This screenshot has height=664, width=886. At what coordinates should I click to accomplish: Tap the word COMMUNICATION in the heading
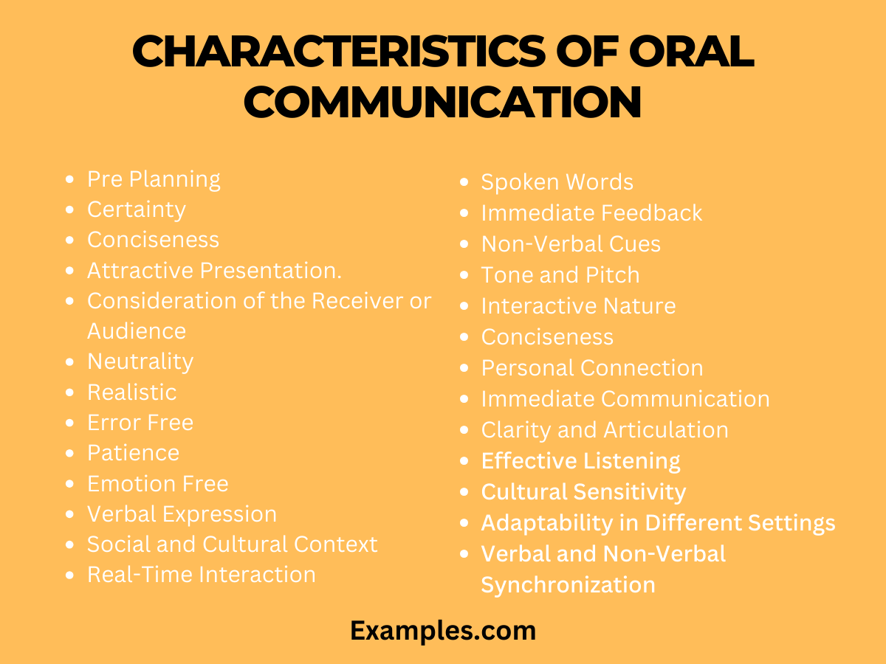coord(442,103)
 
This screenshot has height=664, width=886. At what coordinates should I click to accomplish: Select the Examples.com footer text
coord(442,631)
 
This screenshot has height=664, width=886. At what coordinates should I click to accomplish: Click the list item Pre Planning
coord(154,179)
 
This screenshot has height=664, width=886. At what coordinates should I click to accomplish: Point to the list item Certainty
coord(137,210)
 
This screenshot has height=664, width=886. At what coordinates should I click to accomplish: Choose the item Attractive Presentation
coord(214,271)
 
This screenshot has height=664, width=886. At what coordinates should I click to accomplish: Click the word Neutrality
coord(140,362)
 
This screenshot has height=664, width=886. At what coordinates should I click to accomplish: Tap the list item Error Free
coord(140,423)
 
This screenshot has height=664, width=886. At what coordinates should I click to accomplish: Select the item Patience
coord(133,453)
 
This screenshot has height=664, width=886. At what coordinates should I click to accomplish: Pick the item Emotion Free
coord(158,484)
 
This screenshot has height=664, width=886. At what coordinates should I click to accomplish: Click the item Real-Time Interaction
coord(202,575)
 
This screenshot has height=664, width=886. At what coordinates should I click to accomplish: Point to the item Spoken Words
coord(557,182)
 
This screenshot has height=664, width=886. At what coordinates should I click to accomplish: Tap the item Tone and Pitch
coord(560,275)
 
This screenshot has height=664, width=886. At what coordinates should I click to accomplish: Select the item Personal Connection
coord(592,368)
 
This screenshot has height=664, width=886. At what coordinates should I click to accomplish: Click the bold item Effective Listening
coord(581,461)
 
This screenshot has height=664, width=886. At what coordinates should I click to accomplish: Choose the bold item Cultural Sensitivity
coord(583,492)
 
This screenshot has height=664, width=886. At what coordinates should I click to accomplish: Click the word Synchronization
coord(568,585)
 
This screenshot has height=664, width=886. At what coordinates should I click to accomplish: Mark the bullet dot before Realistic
coord(69,392)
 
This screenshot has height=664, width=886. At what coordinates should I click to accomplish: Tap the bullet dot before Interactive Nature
coord(464,306)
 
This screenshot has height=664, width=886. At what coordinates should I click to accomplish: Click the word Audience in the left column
coord(137,331)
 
